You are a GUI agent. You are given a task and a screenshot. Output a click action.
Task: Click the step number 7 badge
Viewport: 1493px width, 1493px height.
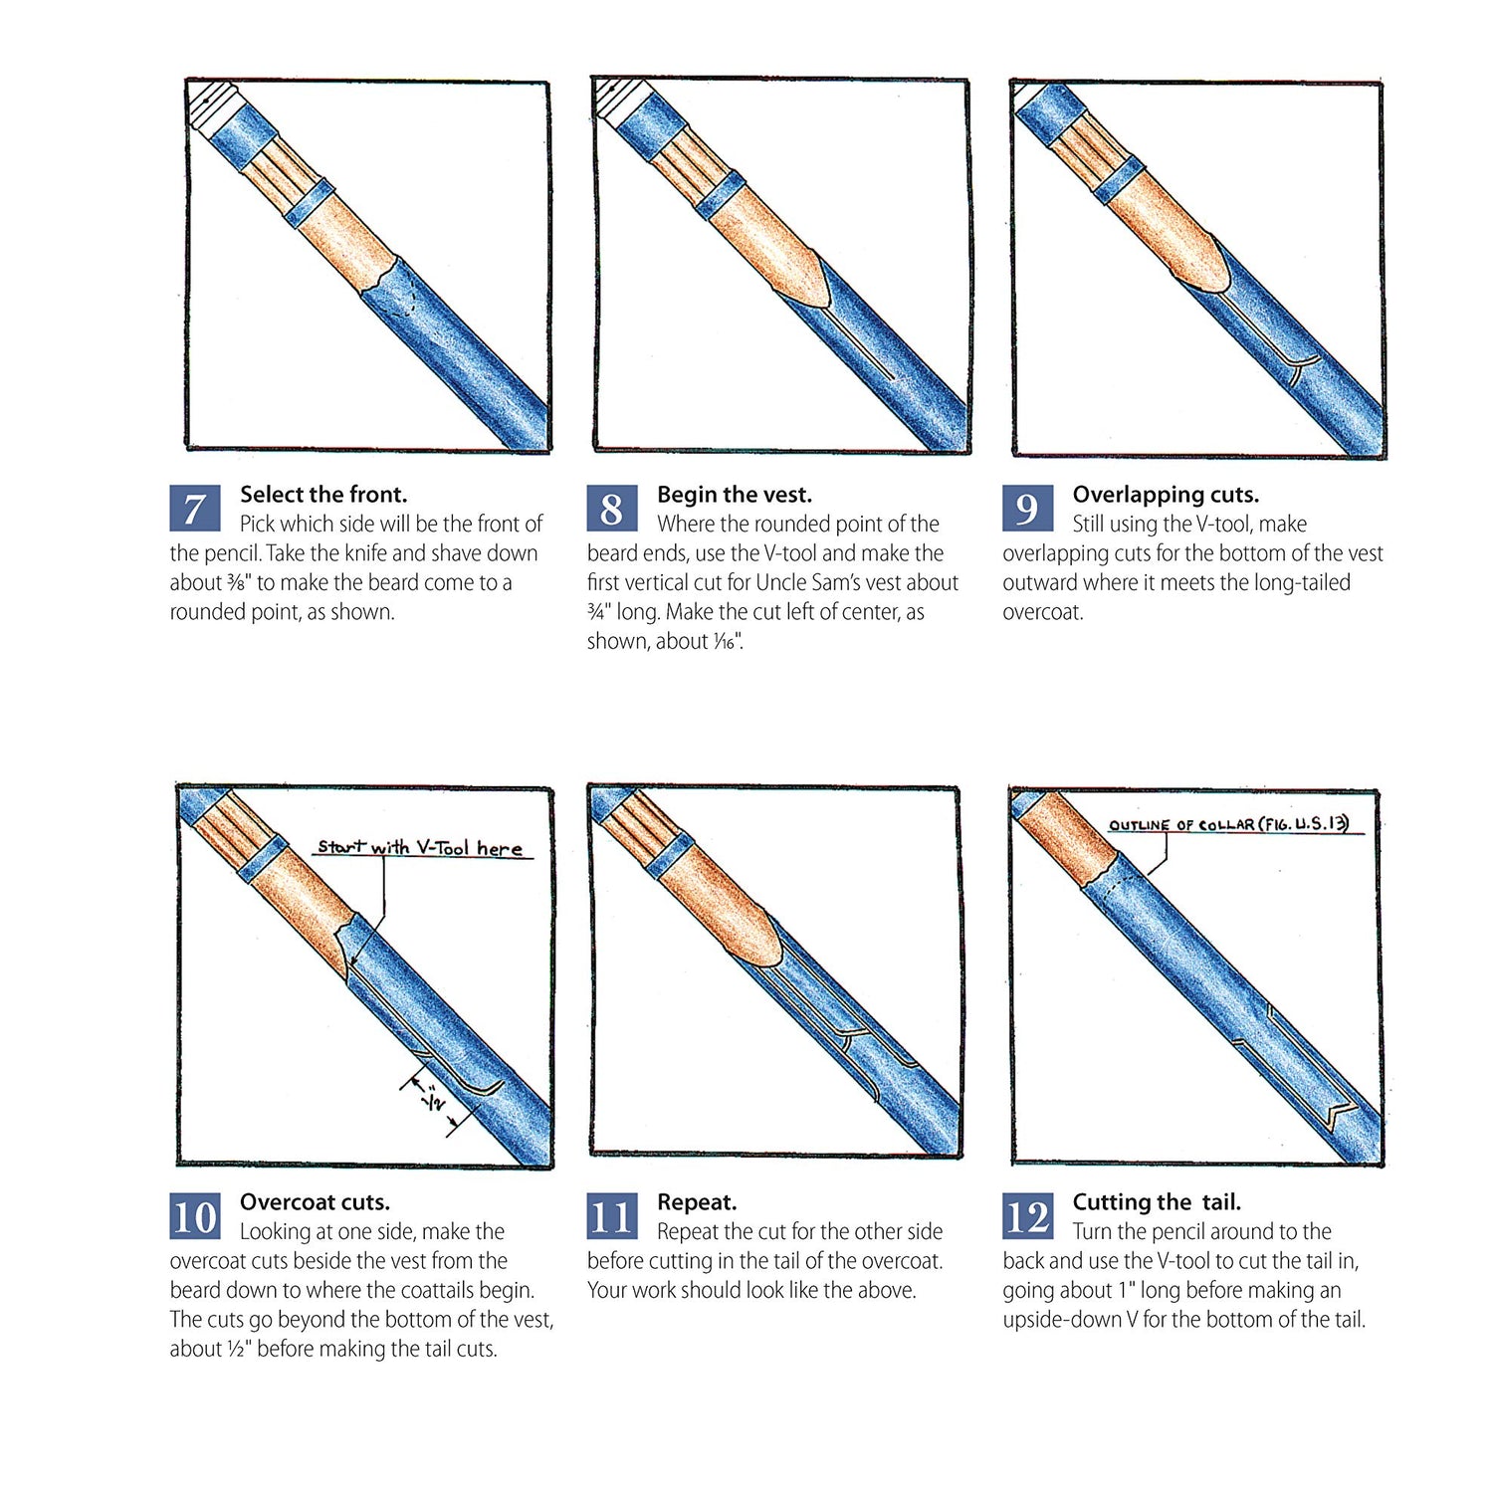click(194, 509)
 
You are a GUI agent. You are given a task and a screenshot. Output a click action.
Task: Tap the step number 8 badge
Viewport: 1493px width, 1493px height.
click(611, 509)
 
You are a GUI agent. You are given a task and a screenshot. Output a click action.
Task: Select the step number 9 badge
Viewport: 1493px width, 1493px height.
click(1027, 509)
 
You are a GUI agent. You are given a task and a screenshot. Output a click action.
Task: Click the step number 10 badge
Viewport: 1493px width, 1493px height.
click(194, 1216)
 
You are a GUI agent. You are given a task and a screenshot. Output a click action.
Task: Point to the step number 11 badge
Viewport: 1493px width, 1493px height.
click(611, 1216)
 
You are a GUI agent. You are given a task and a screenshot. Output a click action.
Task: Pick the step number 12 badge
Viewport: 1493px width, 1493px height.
click(1027, 1216)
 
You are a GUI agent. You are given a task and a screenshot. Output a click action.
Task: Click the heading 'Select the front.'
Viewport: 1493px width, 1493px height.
click(323, 495)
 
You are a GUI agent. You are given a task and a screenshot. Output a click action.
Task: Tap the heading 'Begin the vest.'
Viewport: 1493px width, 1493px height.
click(735, 495)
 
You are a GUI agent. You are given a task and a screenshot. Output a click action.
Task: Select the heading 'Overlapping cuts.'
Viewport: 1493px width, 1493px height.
click(1166, 495)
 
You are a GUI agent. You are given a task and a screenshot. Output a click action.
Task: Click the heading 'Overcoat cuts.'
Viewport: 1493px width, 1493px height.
click(315, 1202)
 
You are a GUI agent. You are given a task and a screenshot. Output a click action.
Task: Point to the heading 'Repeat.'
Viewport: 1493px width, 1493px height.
click(697, 1202)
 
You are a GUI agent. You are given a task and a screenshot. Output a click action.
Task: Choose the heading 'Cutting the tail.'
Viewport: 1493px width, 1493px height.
click(1157, 1202)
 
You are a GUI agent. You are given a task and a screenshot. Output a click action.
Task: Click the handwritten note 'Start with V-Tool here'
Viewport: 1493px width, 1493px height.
click(420, 848)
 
